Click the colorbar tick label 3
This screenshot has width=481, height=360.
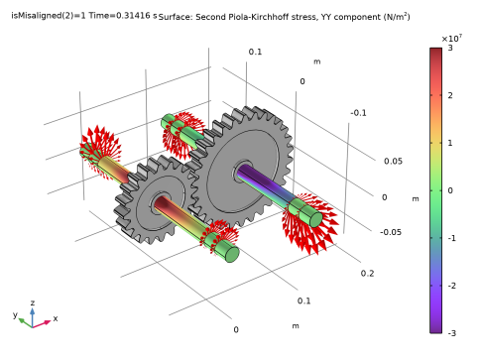450,48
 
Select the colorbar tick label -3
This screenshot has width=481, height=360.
451,333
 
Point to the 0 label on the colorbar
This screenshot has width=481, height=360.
450,190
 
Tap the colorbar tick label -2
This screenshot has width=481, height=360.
451,286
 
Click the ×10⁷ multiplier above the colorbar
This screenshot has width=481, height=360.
451,39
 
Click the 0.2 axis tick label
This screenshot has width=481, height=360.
367,274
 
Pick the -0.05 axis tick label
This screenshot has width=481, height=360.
391,232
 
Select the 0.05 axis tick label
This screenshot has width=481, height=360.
393,162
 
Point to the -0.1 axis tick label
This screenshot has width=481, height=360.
359,113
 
